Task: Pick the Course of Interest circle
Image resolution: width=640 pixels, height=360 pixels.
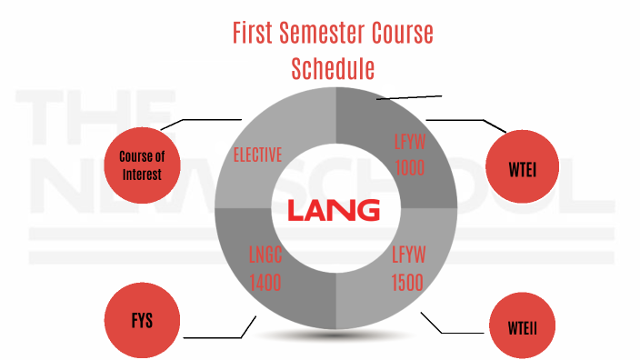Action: tap(141, 165)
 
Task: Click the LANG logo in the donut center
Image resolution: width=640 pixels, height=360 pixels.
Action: tap(333, 211)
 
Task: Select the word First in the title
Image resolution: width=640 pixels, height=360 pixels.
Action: tap(250, 34)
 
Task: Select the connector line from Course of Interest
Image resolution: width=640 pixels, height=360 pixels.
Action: tap(200, 119)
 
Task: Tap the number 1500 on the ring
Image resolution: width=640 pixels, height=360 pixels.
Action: tap(407, 283)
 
